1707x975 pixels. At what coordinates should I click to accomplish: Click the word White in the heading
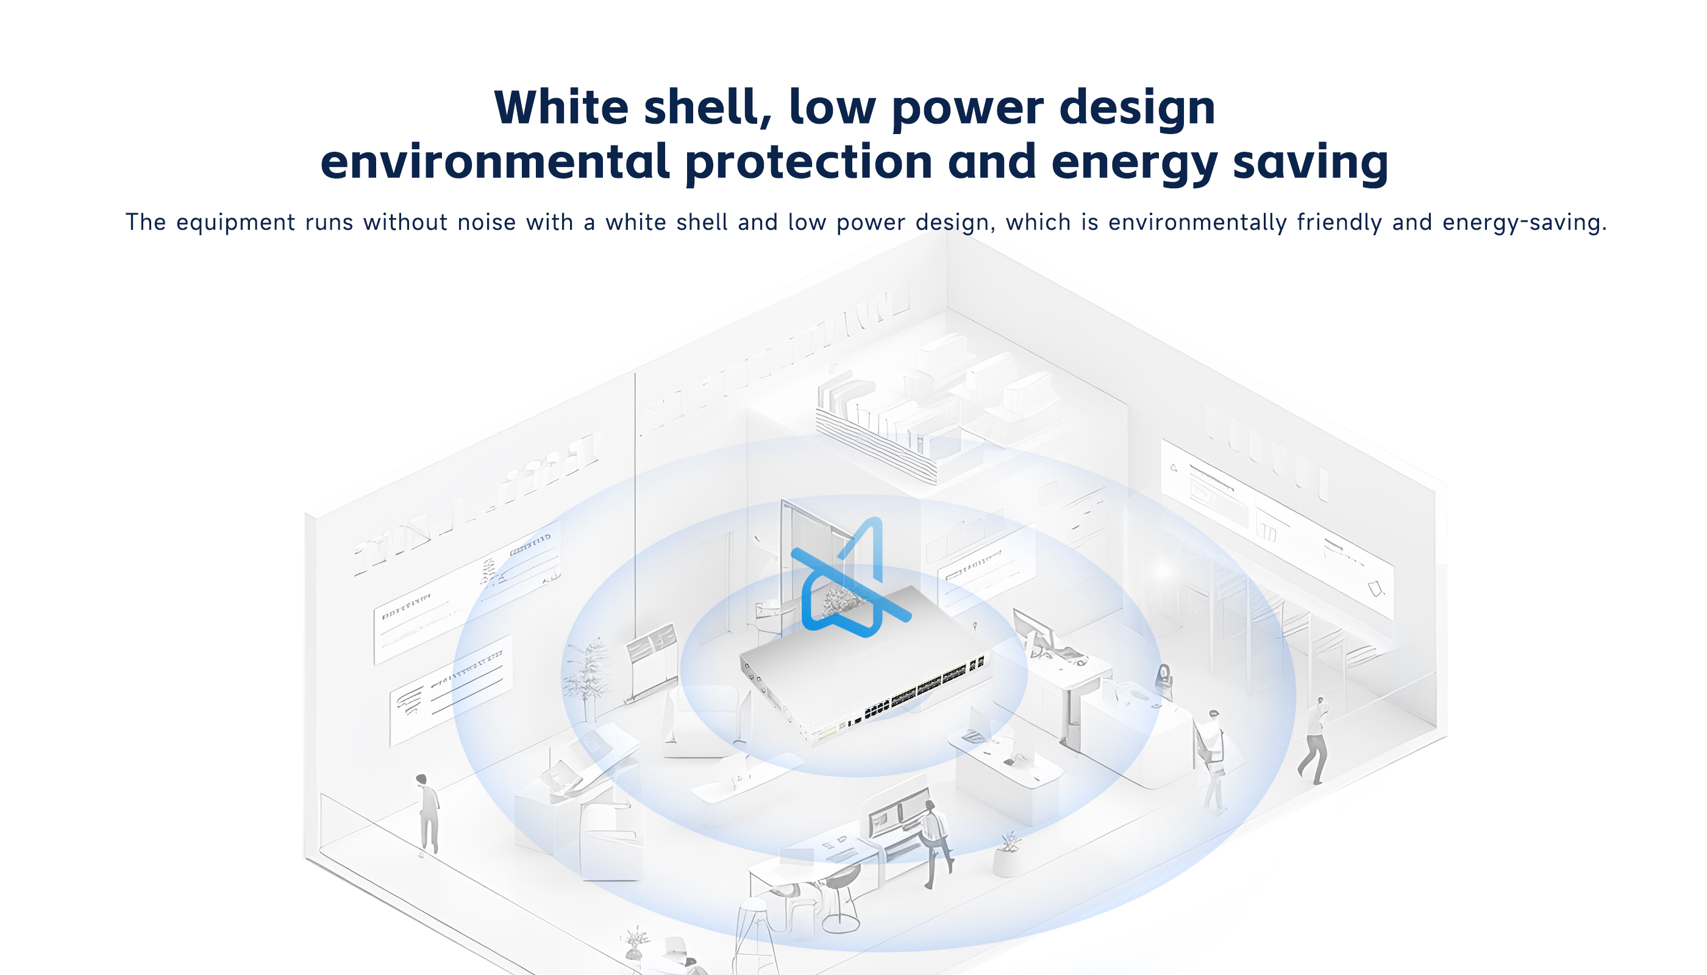click(561, 107)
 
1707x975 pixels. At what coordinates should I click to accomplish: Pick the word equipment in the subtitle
click(235, 223)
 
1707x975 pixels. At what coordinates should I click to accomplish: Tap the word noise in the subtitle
click(486, 222)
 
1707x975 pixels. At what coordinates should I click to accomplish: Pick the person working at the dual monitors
click(935, 845)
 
